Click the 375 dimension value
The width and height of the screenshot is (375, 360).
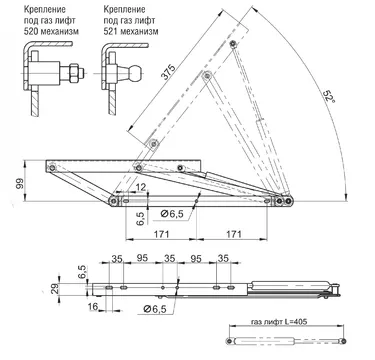[168, 72]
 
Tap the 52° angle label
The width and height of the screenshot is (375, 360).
[328, 97]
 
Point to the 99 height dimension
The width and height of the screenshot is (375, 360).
[20, 183]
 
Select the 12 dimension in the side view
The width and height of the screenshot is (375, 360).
[141, 187]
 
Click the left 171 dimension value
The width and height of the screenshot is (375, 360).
[161, 234]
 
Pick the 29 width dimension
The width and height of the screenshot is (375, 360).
[55, 288]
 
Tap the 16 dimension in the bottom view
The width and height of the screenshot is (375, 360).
[94, 306]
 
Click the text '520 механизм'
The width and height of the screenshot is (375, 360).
[51, 32]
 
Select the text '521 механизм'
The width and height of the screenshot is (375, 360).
[131, 32]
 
